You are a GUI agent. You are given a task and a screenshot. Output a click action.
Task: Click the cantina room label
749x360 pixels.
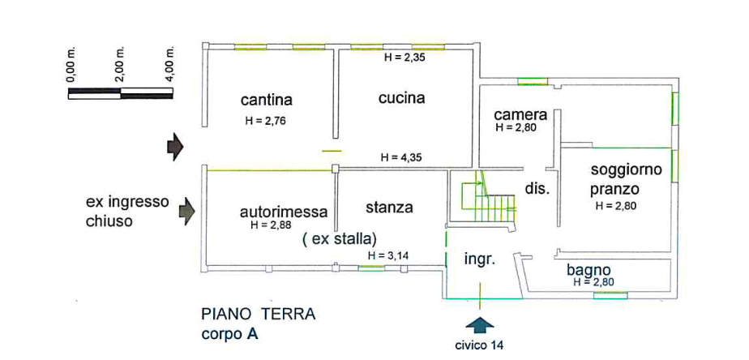coord(267,101)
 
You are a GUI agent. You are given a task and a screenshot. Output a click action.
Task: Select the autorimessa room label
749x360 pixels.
coord(285,212)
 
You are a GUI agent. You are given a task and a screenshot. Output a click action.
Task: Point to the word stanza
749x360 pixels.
coord(389,208)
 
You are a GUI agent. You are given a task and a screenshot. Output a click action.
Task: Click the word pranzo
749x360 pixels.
coord(615,189)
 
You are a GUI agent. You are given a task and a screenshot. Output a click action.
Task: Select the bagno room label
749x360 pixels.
coord(589,269)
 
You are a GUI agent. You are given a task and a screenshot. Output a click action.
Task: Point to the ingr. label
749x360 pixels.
coord(479,259)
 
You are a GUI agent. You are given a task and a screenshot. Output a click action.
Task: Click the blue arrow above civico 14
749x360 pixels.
coord(481,324)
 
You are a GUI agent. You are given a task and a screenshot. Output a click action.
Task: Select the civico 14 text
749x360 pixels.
coord(480,345)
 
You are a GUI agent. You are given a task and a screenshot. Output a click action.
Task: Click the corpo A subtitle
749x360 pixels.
coord(229,332)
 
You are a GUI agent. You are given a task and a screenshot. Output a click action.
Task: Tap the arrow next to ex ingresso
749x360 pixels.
coord(187,211)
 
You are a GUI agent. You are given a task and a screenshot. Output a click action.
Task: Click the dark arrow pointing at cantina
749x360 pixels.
coord(174,147)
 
